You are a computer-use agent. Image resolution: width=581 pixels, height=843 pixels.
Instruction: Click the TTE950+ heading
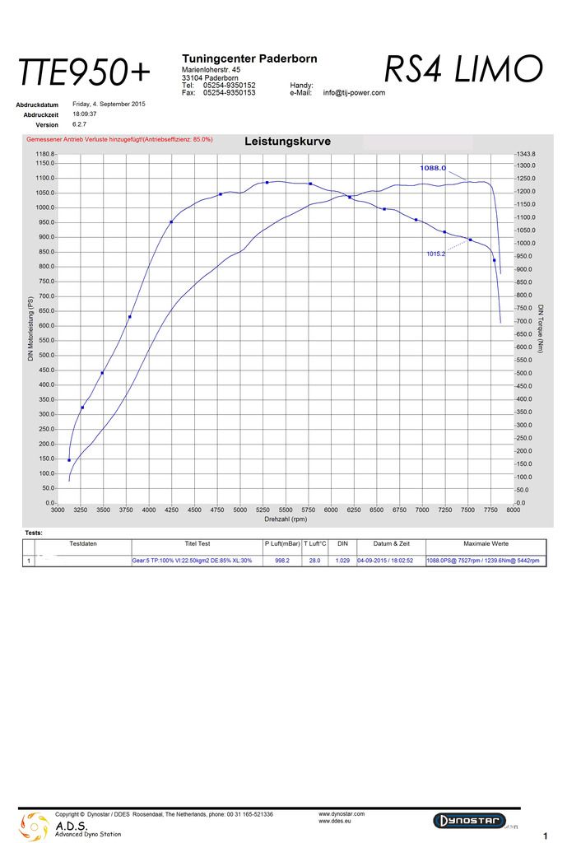(85, 73)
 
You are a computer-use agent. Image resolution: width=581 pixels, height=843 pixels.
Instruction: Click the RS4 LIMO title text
(462, 69)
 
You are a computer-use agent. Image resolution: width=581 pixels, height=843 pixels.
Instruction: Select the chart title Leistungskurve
(287, 142)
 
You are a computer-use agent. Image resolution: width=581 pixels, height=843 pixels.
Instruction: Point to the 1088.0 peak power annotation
(433, 168)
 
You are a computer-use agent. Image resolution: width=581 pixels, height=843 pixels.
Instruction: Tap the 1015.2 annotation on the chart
(435, 254)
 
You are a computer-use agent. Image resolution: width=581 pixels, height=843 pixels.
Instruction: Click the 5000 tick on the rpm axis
(239, 510)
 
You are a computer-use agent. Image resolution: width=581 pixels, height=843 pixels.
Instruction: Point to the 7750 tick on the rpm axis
(490, 510)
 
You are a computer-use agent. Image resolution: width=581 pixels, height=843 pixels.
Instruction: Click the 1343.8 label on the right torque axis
(526, 154)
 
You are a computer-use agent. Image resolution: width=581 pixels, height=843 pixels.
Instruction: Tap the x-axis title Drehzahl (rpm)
(286, 519)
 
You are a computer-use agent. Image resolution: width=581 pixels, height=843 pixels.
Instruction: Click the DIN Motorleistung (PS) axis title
(30, 328)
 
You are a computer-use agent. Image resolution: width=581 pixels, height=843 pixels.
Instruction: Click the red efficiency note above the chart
(119, 140)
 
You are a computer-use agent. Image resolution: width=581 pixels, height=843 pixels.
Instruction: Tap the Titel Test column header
(198, 544)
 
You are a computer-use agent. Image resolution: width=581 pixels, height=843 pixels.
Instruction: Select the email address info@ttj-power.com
(354, 93)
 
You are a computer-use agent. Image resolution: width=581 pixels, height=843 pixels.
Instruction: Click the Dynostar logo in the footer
(468, 821)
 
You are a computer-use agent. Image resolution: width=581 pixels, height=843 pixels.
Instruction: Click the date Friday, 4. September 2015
(109, 105)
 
